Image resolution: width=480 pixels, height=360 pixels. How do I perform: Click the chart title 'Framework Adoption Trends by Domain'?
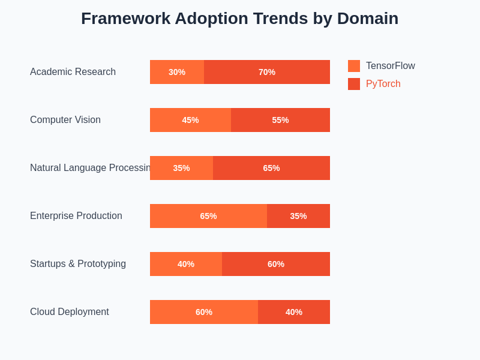[239, 19]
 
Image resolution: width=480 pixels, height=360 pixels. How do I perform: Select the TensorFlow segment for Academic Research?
[177, 72]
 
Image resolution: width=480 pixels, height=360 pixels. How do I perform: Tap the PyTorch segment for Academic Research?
[267, 72]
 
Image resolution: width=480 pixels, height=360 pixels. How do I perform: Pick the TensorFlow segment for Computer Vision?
[190, 120]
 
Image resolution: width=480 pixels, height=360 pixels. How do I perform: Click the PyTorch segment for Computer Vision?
[280, 120]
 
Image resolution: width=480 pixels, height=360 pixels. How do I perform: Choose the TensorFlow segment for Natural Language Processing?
[181, 168]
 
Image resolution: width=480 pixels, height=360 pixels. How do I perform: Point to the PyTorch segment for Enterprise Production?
[298, 216]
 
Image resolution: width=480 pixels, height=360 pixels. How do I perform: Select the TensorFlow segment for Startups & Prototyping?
[186, 264]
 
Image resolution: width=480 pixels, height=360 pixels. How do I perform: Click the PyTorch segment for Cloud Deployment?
[294, 312]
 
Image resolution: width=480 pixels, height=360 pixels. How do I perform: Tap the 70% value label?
[267, 72]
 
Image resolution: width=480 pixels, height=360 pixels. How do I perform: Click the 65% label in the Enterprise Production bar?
[208, 216]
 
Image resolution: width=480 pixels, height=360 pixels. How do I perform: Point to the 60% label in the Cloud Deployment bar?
[204, 312]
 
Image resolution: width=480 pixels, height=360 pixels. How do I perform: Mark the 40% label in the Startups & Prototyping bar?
[186, 264]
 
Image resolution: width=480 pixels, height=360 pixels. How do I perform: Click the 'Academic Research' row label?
[73, 72]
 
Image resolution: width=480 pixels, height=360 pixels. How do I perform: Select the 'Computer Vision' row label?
[65, 120]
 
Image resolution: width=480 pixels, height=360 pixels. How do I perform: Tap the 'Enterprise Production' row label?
[76, 216]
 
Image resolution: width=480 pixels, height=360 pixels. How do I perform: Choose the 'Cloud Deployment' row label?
[70, 312]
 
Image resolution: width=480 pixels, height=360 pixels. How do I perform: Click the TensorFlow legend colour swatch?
[354, 66]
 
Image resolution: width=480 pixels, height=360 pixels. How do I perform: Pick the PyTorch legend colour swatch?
[354, 84]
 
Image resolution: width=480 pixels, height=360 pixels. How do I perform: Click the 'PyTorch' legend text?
[383, 84]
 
